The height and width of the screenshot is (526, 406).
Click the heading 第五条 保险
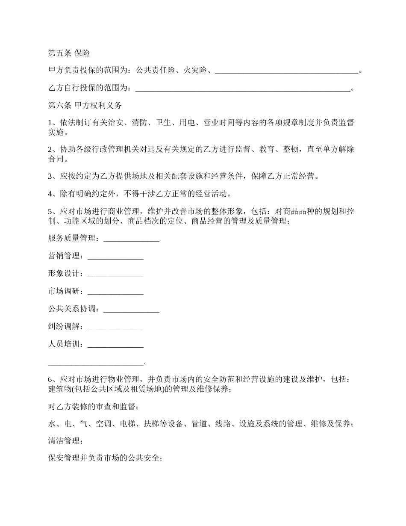[x=69, y=53]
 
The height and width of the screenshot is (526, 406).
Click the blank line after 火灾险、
[x=286, y=71]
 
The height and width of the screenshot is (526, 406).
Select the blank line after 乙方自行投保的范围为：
[x=242, y=89]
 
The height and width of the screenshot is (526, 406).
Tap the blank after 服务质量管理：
[x=131, y=239]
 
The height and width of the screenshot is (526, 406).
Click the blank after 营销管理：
[x=115, y=257]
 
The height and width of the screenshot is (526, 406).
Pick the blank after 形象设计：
[x=115, y=274]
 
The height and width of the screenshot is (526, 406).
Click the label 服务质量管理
[x=72, y=238]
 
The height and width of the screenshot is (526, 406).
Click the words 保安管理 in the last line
[x=64, y=459]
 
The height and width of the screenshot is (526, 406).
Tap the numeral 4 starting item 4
[x=50, y=194]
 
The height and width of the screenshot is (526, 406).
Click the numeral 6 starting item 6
[x=50, y=380]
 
